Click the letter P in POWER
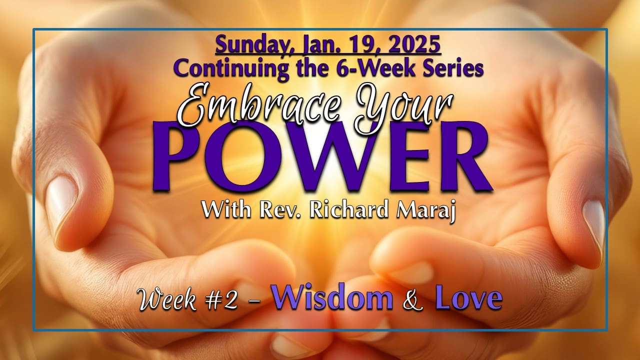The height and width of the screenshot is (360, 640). [x=187, y=155]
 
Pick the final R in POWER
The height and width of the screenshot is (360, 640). [x=459, y=155]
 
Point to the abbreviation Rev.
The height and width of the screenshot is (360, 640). [x=283, y=210]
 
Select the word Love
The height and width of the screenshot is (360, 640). [x=468, y=298]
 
